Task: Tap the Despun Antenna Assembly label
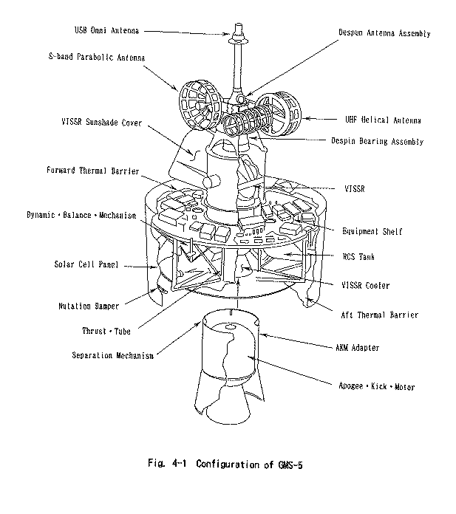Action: click(x=384, y=34)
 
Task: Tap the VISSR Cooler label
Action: click(x=366, y=285)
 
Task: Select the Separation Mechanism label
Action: click(x=113, y=355)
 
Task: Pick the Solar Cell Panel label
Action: click(x=88, y=264)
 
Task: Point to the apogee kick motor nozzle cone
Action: click(x=225, y=406)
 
